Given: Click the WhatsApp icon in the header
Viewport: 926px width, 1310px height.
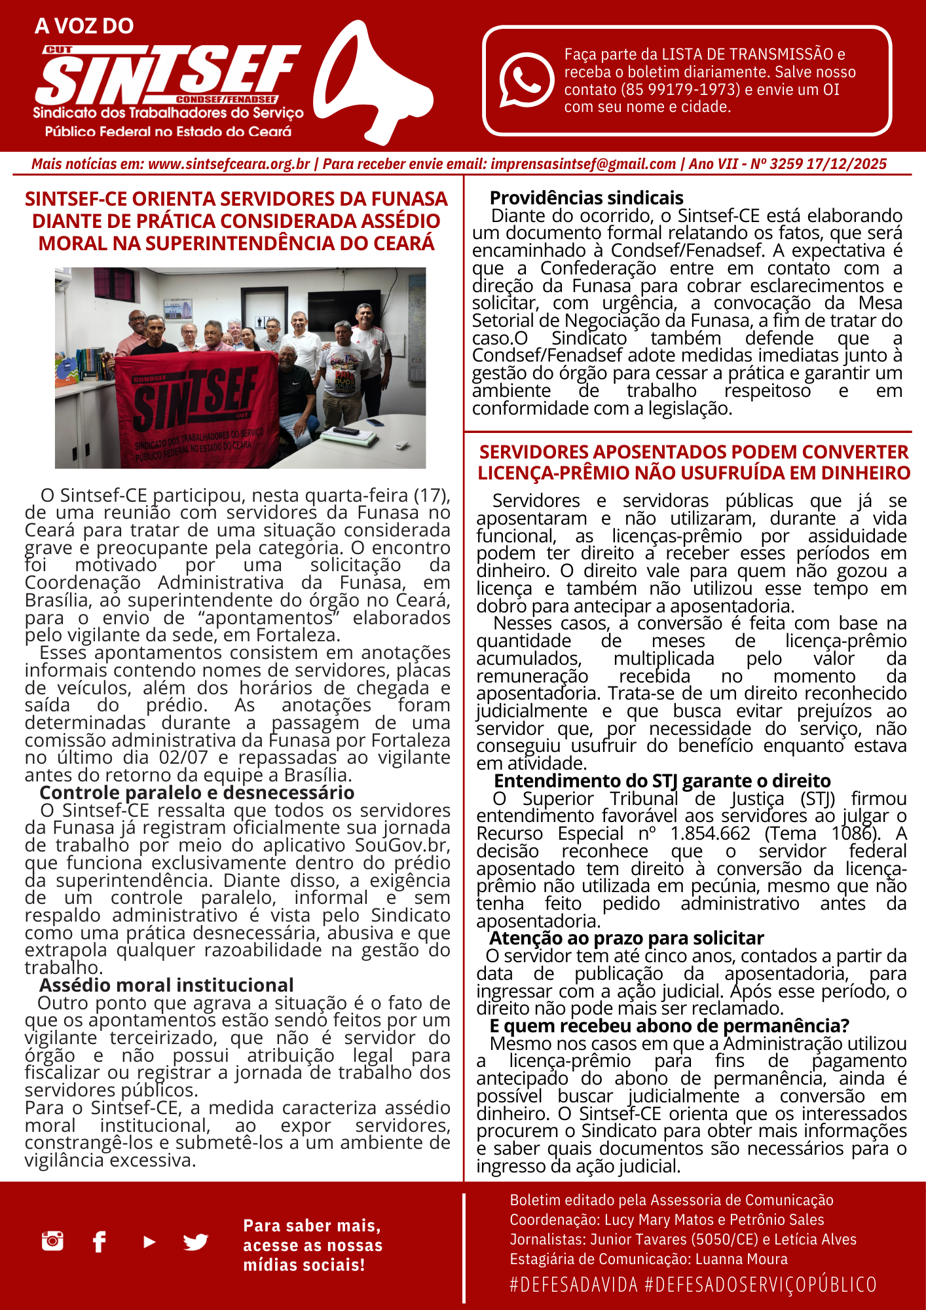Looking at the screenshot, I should [x=527, y=80].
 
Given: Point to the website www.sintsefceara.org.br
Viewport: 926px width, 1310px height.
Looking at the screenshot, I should [x=229, y=164].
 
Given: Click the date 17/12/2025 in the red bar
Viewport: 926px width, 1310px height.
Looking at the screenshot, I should [x=846, y=164].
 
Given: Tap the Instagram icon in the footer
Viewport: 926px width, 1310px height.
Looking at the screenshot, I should [x=52, y=1241].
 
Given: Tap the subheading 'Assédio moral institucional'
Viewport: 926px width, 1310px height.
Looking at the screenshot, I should [x=166, y=985].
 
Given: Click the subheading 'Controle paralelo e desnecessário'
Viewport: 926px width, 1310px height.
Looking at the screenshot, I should [x=196, y=793].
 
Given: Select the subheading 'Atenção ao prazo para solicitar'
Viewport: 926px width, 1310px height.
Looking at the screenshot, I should [x=626, y=938].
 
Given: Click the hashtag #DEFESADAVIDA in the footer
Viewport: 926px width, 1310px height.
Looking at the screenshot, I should [x=574, y=1284].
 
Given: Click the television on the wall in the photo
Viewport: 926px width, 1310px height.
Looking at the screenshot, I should [x=344, y=311].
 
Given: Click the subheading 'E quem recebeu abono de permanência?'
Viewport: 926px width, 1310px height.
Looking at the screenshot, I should [x=669, y=1026].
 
